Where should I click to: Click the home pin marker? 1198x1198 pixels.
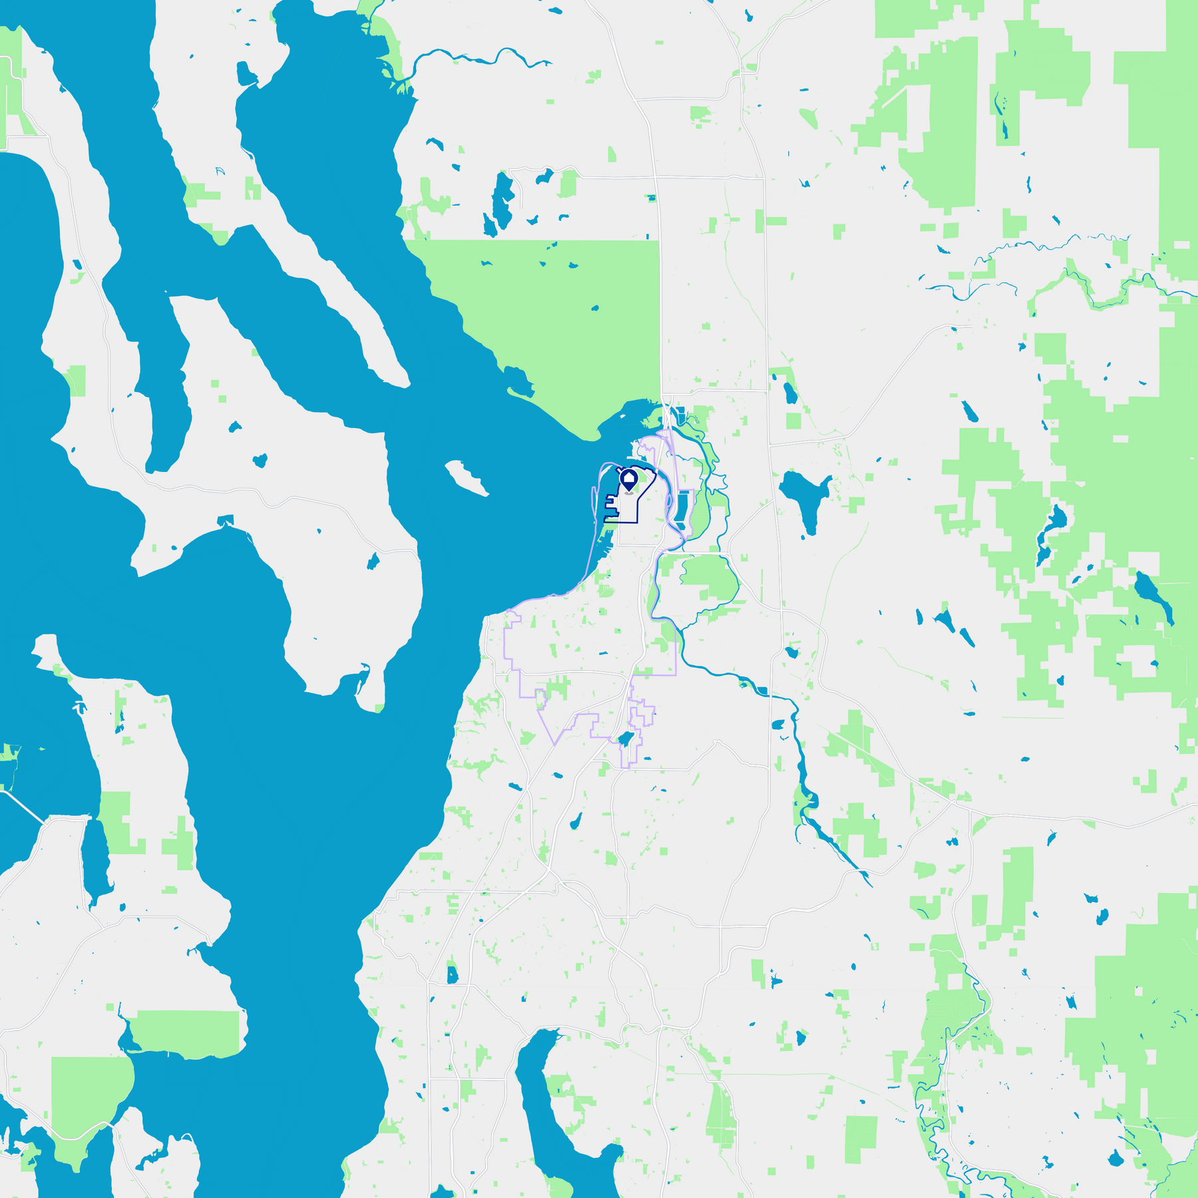coord(629,479)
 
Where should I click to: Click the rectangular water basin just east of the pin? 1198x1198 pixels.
coord(681,506)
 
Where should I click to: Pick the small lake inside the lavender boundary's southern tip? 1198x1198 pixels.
coord(624,739)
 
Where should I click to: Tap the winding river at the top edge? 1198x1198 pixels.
coord(479,59)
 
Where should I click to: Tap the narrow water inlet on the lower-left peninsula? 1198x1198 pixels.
coord(97,859)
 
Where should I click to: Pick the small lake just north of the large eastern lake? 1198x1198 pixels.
coord(790,393)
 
